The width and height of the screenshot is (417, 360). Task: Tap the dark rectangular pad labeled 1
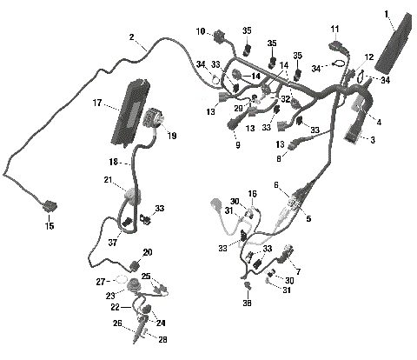click(x=391, y=51)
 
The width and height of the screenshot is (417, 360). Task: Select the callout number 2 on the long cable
click(x=132, y=37)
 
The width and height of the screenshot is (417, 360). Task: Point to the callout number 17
click(x=98, y=103)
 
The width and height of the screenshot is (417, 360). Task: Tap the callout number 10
click(x=201, y=32)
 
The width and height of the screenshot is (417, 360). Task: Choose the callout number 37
click(x=113, y=242)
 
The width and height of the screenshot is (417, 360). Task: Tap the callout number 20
click(x=147, y=252)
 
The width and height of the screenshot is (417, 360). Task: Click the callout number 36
click(x=248, y=304)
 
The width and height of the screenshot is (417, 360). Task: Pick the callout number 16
click(x=253, y=194)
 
